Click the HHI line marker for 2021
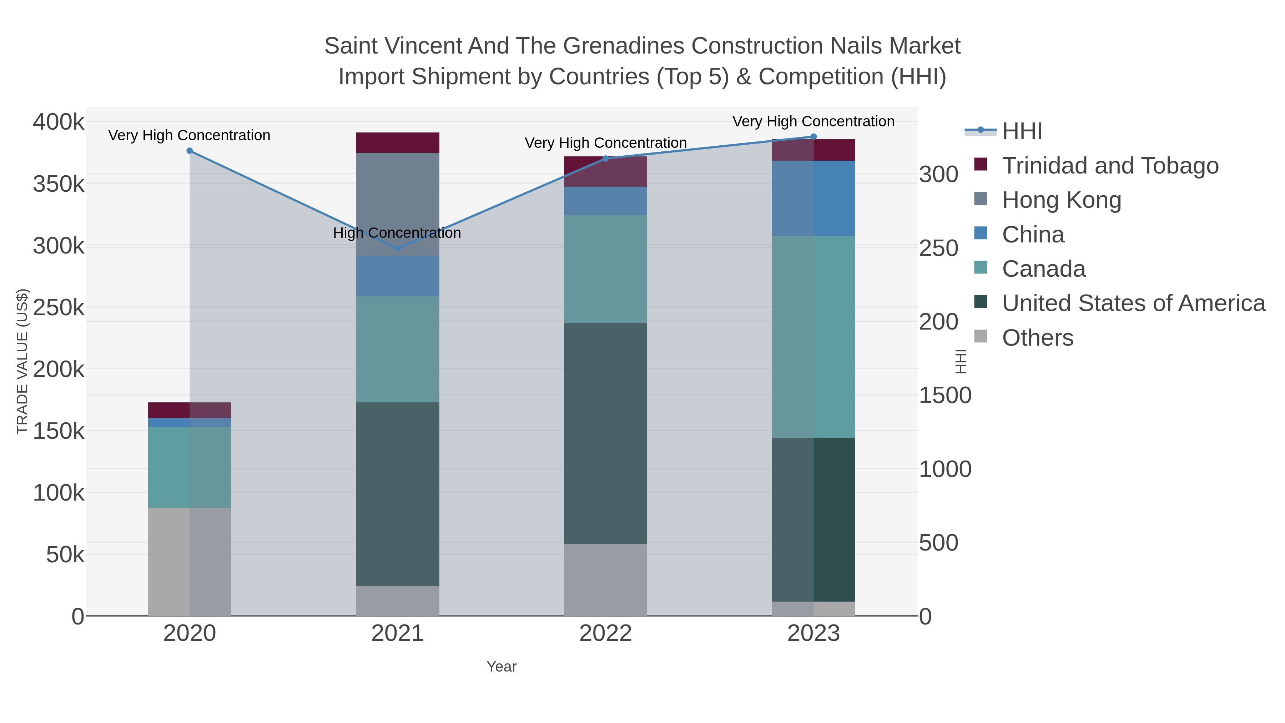pos(398,248)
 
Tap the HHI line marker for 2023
pos(813,137)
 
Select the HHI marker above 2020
pos(190,151)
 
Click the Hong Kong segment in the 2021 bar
pos(398,205)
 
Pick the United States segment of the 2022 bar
pos(606,433)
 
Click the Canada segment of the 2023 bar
pos(813,337)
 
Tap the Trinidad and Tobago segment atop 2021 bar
pos(398,143)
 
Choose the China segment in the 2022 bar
pos(606,201)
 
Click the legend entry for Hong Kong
pos(1062,200)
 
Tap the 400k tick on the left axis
pos(59,122)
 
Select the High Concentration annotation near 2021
pos(397,233)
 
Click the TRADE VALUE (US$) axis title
pos(22,361)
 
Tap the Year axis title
pos(502,667)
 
